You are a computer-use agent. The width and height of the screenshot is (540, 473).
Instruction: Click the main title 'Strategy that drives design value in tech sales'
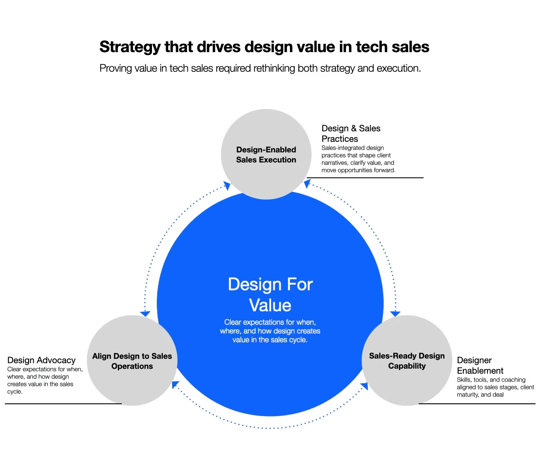(264, 47)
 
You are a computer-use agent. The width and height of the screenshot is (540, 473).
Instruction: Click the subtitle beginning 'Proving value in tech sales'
(260, 68)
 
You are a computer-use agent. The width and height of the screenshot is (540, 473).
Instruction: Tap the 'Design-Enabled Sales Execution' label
(266, 155)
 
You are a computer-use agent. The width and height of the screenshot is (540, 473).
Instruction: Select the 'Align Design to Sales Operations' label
(132, 361)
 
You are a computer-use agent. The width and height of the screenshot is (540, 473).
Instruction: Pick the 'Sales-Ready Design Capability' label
(406, 361)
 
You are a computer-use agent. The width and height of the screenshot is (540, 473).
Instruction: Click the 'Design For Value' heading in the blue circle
(270, 295)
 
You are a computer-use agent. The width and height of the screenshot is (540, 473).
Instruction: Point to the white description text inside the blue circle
(270, 331)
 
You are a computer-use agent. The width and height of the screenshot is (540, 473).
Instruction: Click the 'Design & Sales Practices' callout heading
(351, 134)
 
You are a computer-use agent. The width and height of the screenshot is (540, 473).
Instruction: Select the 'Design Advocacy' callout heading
(41, 360)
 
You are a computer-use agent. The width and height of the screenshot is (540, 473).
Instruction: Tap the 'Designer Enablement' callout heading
(480, 365)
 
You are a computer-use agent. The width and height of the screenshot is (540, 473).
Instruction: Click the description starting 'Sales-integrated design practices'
(358, 159)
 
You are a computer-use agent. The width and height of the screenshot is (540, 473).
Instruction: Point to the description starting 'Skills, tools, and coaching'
(495, 387)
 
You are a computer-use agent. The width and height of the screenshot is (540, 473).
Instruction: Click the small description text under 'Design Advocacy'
(44, 380)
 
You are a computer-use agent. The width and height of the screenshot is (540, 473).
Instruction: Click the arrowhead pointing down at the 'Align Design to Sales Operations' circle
(145, 314)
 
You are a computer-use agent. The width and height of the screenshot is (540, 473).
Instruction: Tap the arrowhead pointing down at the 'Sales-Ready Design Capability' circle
(395, 314)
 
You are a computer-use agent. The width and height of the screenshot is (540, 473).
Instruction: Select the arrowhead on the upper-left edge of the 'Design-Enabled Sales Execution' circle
(227, 186)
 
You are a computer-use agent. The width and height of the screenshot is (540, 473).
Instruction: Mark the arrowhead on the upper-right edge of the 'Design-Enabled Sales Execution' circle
(307, 184)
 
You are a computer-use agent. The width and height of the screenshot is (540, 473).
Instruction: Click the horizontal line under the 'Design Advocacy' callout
(63, 404)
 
